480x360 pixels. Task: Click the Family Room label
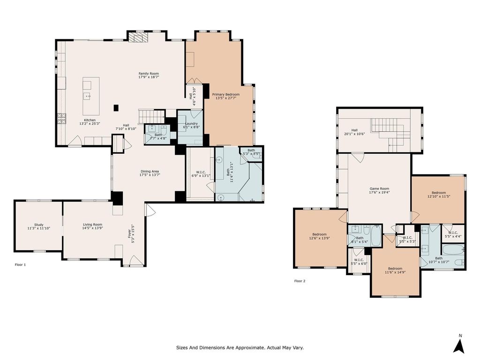[149, 74]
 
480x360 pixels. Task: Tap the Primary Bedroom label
[226, 95]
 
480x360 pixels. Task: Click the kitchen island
[91, 96]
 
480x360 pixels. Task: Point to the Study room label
[39, 225]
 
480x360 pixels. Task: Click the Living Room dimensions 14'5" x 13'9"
[92, 228]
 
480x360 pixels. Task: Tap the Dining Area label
[150, 172]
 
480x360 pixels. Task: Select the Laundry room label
[191, 124]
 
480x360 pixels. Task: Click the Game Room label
[379, 189]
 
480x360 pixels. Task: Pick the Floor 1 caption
[20, 264]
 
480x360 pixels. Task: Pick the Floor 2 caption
[300, 281]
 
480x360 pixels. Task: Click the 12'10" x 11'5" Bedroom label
[439, 193]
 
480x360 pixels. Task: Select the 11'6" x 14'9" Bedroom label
[395, 269]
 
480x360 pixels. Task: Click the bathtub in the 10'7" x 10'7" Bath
[453, 249]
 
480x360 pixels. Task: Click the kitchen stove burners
[61, 118]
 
